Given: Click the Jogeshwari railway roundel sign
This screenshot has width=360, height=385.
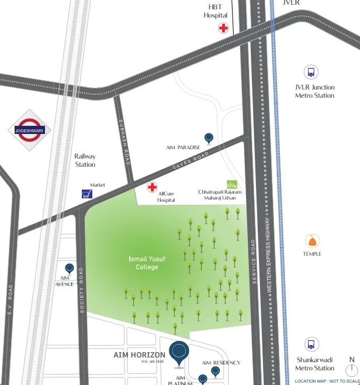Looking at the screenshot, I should [29, 130].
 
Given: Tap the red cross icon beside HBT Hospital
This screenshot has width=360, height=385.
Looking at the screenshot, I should [223, 28].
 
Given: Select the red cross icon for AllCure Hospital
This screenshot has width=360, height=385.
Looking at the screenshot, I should [152, 188].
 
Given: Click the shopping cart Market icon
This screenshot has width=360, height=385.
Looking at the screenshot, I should [87, 194].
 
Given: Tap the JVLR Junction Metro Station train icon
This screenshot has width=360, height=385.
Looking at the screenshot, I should [311, 73].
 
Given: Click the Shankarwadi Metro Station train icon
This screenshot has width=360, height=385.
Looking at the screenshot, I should [311, 345].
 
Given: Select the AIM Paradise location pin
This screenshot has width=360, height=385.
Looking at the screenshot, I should [209, 137].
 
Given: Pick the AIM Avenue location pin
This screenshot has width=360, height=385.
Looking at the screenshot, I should [70, 269].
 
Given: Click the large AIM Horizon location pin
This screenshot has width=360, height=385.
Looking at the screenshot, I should [179, 352].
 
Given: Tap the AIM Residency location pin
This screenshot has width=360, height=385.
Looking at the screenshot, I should [216, 371].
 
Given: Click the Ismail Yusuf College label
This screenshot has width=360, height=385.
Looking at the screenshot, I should [147, 263].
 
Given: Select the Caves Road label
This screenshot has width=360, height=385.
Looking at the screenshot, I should [191, 163].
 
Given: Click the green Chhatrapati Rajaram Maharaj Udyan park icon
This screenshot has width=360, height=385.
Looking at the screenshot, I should [232, 184].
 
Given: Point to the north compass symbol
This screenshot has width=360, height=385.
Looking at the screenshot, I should [351, 368].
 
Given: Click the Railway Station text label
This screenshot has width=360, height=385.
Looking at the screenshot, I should [85, 160].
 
